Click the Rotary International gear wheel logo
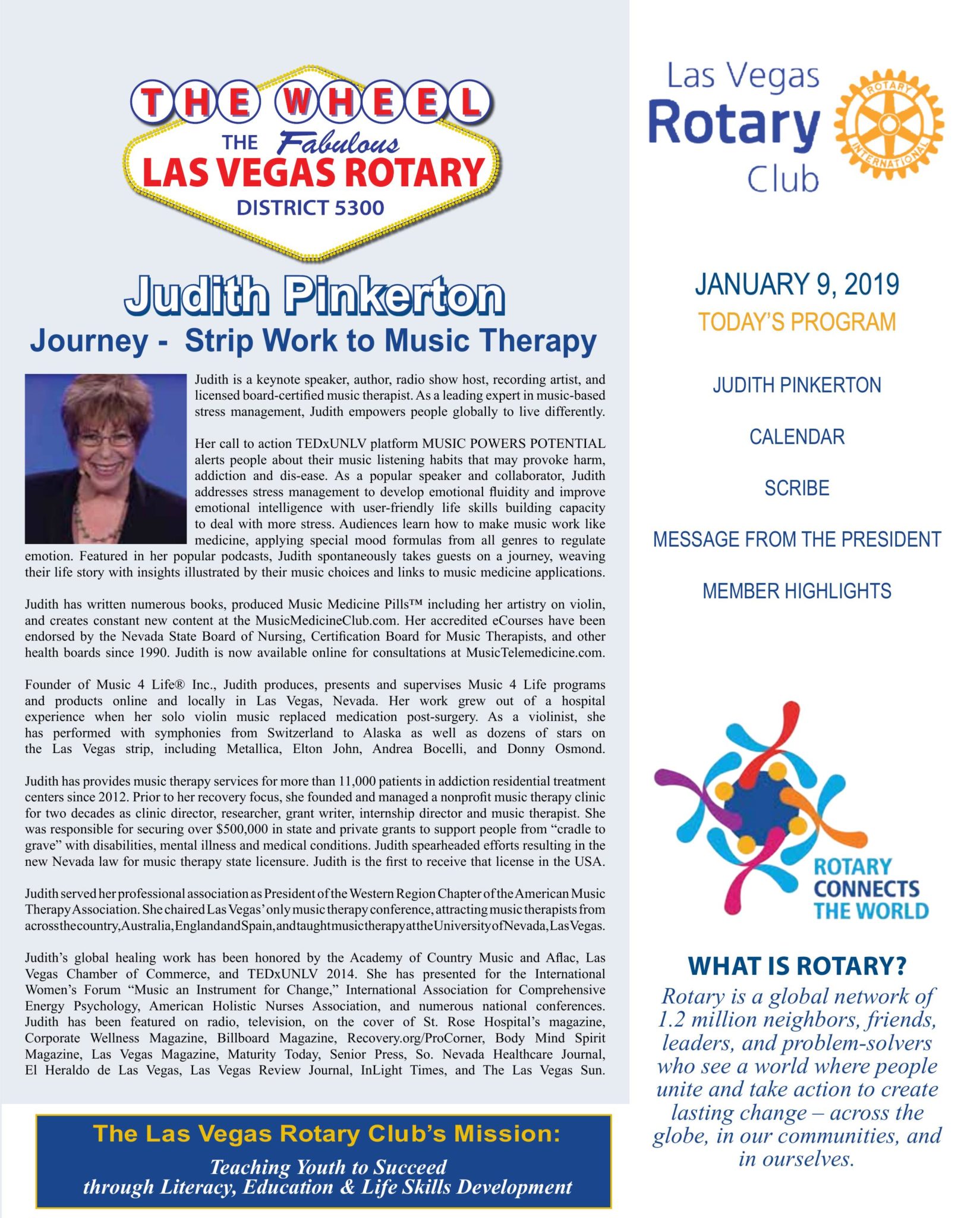[x=888, y=124]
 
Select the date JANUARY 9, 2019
[x=796, y=285]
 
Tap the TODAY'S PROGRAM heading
[x=796, y=322]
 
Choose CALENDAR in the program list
[x=796, y=437]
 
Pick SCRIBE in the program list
[x=796, y=488]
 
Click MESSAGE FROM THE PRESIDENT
[x=796, y=539]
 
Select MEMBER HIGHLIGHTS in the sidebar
[x=796, y=591]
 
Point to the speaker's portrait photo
[x=105, y=459]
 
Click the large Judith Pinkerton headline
[x=314, y=296]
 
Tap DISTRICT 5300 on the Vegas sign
[x=310, y=208]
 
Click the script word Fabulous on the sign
[x=339, y=143]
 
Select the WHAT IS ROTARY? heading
[x=796, y=966]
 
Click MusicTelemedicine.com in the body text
[x=535, y=652]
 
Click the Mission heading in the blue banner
[x=326, y=1134]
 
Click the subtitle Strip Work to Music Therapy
[x=390, y=341]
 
